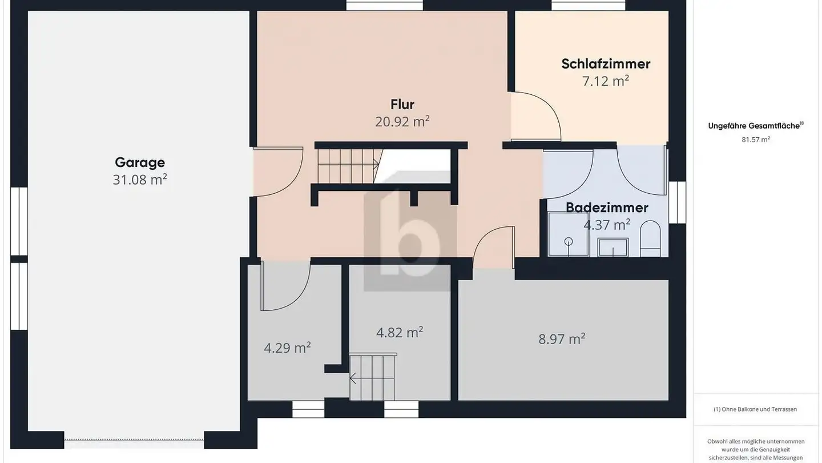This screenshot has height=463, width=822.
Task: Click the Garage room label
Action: point(140,162)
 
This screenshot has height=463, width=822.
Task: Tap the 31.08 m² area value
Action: point(140,179)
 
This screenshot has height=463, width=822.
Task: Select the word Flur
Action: point(402,105)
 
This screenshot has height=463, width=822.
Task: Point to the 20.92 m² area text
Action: point(402,121)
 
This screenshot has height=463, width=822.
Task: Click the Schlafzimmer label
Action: point(606,63)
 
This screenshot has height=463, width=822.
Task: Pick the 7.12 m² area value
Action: point(606,81)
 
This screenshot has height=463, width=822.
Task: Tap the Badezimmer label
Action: point(607,207)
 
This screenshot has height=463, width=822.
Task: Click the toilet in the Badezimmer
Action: point(650,238)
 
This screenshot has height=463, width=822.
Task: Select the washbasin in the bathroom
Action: point(613,247)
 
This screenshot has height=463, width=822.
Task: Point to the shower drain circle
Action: point(569,241)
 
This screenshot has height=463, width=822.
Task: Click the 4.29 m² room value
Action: point(287,348)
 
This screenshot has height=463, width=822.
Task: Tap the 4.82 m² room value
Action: point(400,333)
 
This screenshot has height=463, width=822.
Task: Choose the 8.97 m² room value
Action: point(562,339)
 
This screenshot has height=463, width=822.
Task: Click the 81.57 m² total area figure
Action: point(756,139)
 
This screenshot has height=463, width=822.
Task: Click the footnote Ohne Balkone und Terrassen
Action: point(755,409)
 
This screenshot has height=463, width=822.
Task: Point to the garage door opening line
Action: point(134,440)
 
